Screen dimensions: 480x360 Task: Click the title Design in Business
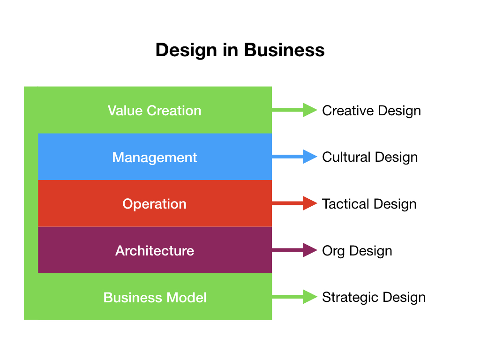(x=240, y=50)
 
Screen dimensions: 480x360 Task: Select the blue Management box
(x=155, y=157)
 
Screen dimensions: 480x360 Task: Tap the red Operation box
(x=155, y=204)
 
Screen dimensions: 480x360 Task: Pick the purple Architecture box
(x=155, y=251)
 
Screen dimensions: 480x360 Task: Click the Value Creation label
(x=155, y=111)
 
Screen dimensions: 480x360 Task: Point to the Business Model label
(x=155, y=298)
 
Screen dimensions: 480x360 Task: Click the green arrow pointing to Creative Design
(x=295, y=110)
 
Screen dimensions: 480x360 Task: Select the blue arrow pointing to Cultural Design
(x=295, y=157)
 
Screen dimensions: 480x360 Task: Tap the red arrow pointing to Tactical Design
(x=295, y=203)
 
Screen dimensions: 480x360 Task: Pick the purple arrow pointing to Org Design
(x=295, y=250)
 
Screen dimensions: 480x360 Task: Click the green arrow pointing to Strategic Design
(x=295, y=297)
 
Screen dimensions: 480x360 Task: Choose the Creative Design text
(x=371, y=111)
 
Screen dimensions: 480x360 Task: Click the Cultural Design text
(x=370, y=157)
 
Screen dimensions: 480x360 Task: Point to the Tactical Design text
(x=369, y=204)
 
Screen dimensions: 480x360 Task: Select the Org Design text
(x=357, y=251)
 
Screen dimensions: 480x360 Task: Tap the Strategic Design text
(x=374, y=297)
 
